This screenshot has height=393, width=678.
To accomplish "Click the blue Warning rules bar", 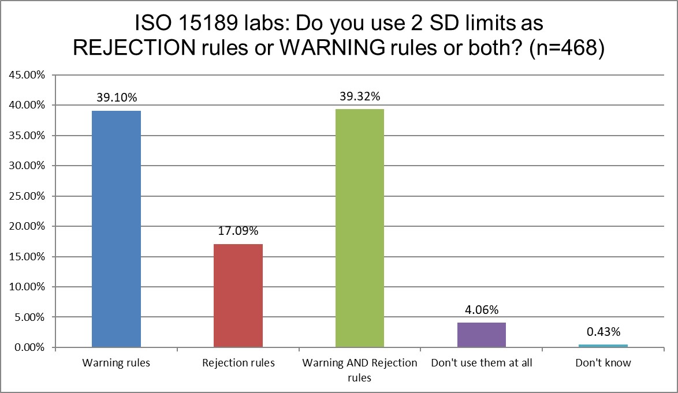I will pos(116,229).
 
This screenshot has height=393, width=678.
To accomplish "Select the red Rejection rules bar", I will pos(238,295).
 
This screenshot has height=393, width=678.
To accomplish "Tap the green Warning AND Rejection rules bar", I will pos(360,228).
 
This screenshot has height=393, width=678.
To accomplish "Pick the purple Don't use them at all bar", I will pos(482,335).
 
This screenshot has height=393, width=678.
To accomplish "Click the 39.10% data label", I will pos(116,98).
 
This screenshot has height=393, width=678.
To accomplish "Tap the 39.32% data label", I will pos(360,96).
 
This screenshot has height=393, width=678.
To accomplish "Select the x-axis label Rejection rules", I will pos(238,364).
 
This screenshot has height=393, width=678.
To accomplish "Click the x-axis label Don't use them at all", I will pos(482,364).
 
